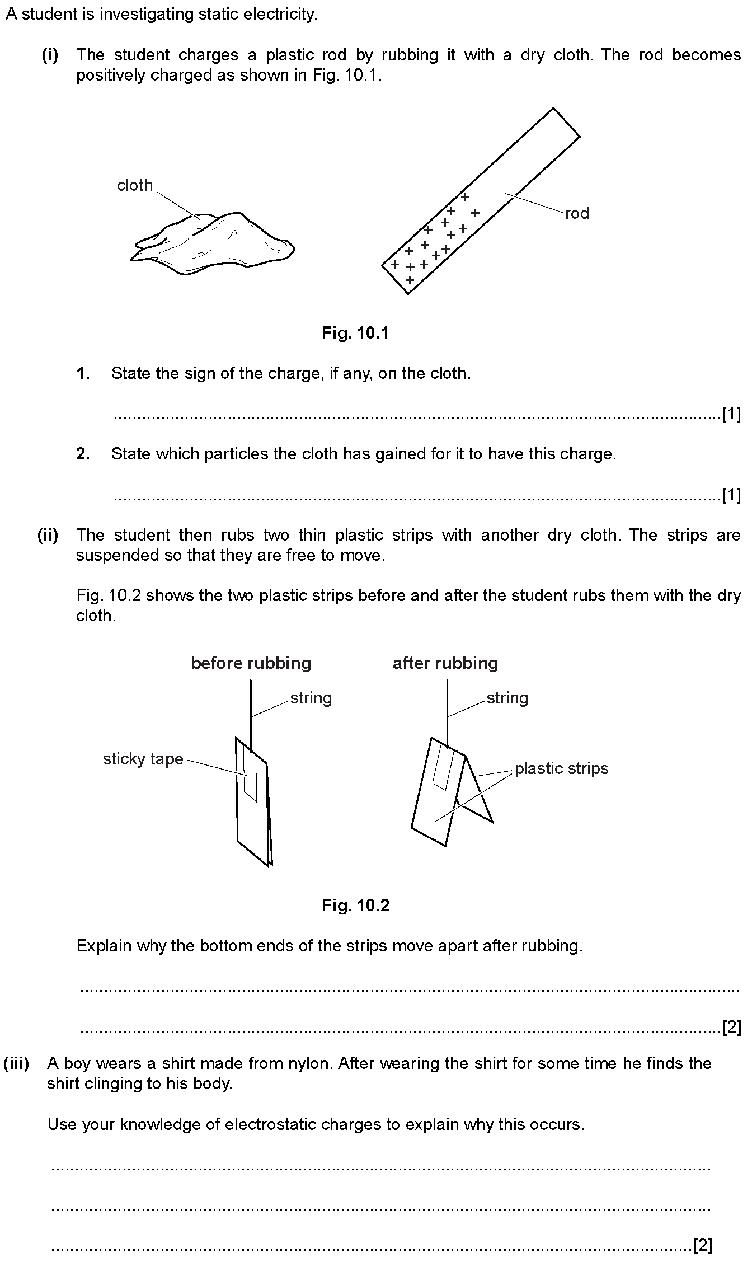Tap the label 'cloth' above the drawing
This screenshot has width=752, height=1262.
(x=134, y=185)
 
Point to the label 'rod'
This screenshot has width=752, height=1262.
(x=577, y=213)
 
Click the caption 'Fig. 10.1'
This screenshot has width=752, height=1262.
(x=355, y=334)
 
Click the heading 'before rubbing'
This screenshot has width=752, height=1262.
(x=251, y=663)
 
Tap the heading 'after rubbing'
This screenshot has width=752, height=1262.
(x=445, y=663)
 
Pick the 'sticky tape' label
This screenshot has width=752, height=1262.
(x=143, y=759)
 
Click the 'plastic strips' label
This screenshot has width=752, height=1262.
(x=561, y=768)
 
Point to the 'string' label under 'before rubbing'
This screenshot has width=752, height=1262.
(x=311, y=698)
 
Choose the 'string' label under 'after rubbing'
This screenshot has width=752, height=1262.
(x=507, y=698)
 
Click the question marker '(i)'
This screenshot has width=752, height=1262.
(x=50, y=55)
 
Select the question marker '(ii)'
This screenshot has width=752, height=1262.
(x=48, y=535)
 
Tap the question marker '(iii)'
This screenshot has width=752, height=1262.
(x=17, y=1063)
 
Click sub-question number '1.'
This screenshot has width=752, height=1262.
(x=83, y=373)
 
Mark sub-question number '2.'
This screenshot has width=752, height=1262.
(x=83, y=454)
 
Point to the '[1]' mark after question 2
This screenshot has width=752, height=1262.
(x=731, y=495)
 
